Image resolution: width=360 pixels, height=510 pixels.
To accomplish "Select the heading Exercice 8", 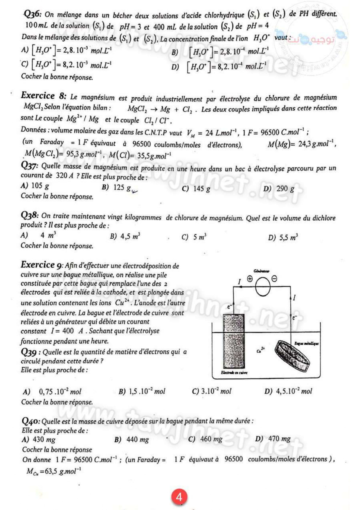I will point(44,96).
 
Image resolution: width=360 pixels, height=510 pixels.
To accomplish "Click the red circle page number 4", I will point(179,497).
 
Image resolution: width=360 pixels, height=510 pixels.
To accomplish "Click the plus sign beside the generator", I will point(250,279).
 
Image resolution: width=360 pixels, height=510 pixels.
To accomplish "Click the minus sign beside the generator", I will point(274,279).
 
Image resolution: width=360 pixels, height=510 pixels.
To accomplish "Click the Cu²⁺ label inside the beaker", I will point(261,350).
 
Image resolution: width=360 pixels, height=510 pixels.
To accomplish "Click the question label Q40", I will point(31,421).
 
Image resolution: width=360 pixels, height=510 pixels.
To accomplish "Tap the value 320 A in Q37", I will point(64,176).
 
